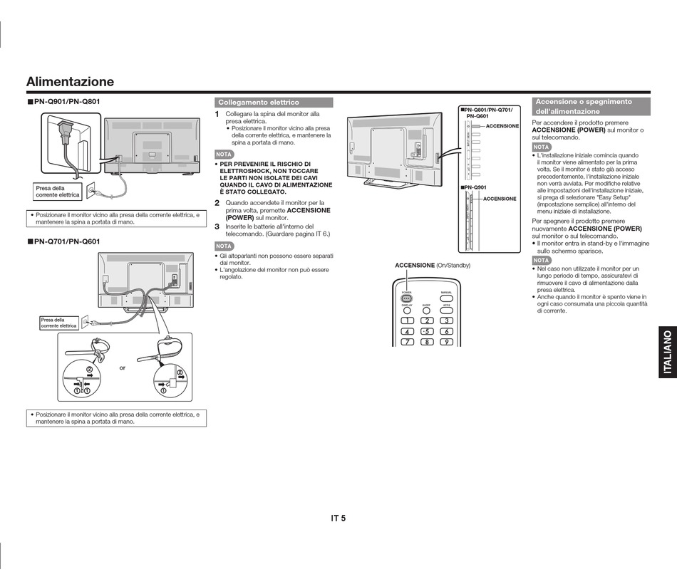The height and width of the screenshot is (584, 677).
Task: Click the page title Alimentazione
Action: pyautogui.click(x=70, y=82)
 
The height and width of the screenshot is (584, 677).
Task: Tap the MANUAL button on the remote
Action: pyautogui.click(x=446, y=298)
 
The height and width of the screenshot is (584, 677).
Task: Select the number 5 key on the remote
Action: pyautogui.click(x=426, y=331)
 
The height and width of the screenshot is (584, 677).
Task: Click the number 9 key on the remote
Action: pyautogui.click(x=446, y=342)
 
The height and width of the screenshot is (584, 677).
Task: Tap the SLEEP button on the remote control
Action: pyautogui.click(x=426, y=311)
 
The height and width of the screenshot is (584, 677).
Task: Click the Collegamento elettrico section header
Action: pyautogui.click(x=274, y=103)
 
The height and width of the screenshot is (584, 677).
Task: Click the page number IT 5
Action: pyautogui.click(x=338, y=518)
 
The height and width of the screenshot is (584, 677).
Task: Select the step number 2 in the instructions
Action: pyautogui.click(x=217, y=203)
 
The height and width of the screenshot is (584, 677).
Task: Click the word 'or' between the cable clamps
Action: pyautogui.click(x=123, y=367)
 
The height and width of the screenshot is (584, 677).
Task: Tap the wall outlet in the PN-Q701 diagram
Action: pyautogui.click(x=84, y=322)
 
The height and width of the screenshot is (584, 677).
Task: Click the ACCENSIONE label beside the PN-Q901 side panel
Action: pyautogui.click(x=500, y=199)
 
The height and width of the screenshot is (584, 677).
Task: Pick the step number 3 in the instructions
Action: pyautogui.click(x=217, y=226)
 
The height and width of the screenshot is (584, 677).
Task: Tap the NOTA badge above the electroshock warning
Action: pyautogui.click(x=224, y=154)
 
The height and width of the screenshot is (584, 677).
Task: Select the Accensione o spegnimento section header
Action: pyautogui.click(x=591, y=107)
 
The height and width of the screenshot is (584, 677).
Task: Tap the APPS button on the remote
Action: pyautogui.click(x=446, y=311)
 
